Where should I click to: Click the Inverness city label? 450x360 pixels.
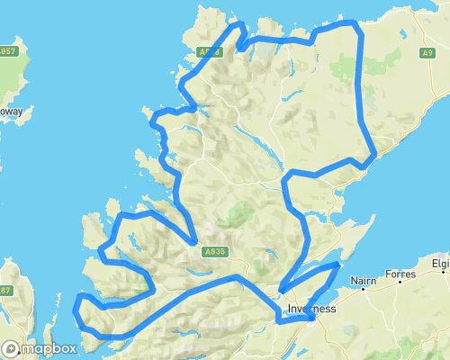pos(311,309)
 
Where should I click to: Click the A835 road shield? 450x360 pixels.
pos(213,251)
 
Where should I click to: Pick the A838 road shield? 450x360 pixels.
pos(209,53)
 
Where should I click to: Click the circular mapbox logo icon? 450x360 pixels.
pos(12,348)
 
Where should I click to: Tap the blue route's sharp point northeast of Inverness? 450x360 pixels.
pos(337,264)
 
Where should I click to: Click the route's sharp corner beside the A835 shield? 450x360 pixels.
pos(194,242)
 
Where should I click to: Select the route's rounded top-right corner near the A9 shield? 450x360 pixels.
pos(358,29)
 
